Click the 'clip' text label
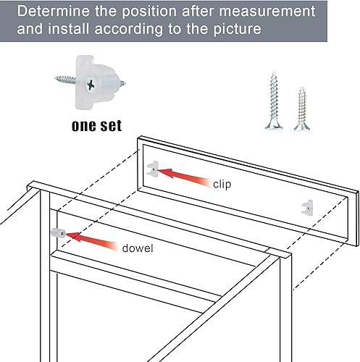click(x=222, y=184)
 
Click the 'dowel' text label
click(x=137, y=248)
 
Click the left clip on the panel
click(x=153, y=169)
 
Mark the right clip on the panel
click(x=308, y=207)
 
